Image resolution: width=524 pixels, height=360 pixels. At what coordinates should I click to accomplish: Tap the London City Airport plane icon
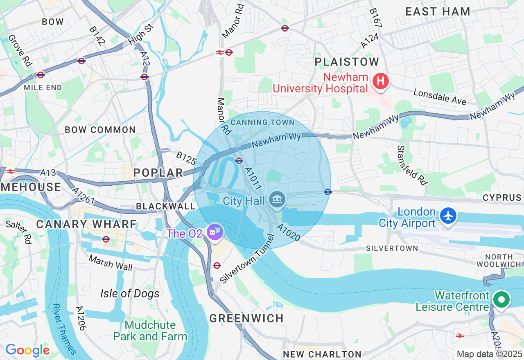click(449, 216)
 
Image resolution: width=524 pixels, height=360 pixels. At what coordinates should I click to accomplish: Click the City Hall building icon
click(277, 200)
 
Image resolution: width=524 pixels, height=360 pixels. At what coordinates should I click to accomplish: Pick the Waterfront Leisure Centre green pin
click(501, 299)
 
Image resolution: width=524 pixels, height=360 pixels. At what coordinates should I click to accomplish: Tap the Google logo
click(27, 350)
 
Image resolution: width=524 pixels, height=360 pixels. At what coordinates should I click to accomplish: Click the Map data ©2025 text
click(489, 354)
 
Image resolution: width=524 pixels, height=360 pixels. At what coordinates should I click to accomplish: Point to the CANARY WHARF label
click(86, 224)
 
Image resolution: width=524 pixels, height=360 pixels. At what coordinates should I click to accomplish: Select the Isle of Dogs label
click(130, 293)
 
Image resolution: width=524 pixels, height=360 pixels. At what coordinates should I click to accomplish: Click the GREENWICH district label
click(246, 318)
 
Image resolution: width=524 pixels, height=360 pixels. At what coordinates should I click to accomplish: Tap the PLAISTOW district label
click(347, 62)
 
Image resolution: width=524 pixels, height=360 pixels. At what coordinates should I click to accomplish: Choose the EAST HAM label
click(438, 11)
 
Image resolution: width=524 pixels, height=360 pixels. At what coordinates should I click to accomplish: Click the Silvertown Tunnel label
click(246, 259)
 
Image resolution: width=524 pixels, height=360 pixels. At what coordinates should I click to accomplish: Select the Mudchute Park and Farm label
click(150, 331)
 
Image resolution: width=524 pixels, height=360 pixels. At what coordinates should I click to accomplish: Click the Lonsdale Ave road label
click(440, 97)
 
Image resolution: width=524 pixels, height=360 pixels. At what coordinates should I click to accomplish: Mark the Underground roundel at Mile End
click(40, 75)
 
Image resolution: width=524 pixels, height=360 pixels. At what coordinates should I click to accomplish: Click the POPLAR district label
click(158, 173)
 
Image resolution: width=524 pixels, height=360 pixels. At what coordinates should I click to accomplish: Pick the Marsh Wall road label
click(111, 263)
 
